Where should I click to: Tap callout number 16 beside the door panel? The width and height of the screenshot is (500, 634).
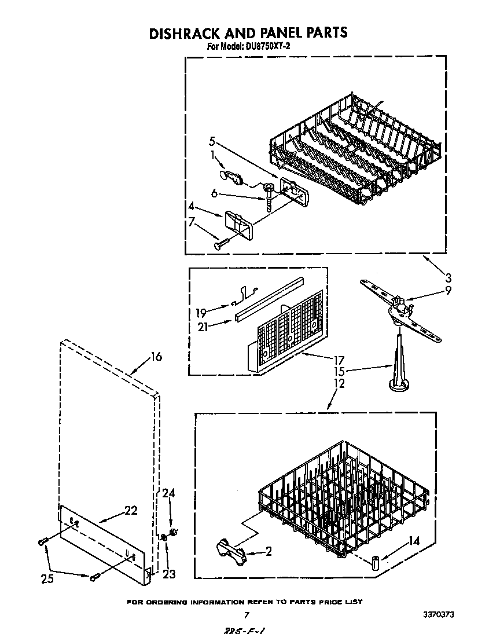156,357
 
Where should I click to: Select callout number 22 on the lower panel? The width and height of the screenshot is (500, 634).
131,510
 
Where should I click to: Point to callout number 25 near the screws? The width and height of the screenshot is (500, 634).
47,578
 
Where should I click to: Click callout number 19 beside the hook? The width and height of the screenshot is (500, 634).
201,314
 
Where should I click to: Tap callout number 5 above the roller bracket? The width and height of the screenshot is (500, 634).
212,141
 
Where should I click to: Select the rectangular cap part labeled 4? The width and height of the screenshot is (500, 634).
239,223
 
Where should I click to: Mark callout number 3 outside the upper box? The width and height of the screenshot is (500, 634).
447,277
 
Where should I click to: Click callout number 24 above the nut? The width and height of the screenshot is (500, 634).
168,493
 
